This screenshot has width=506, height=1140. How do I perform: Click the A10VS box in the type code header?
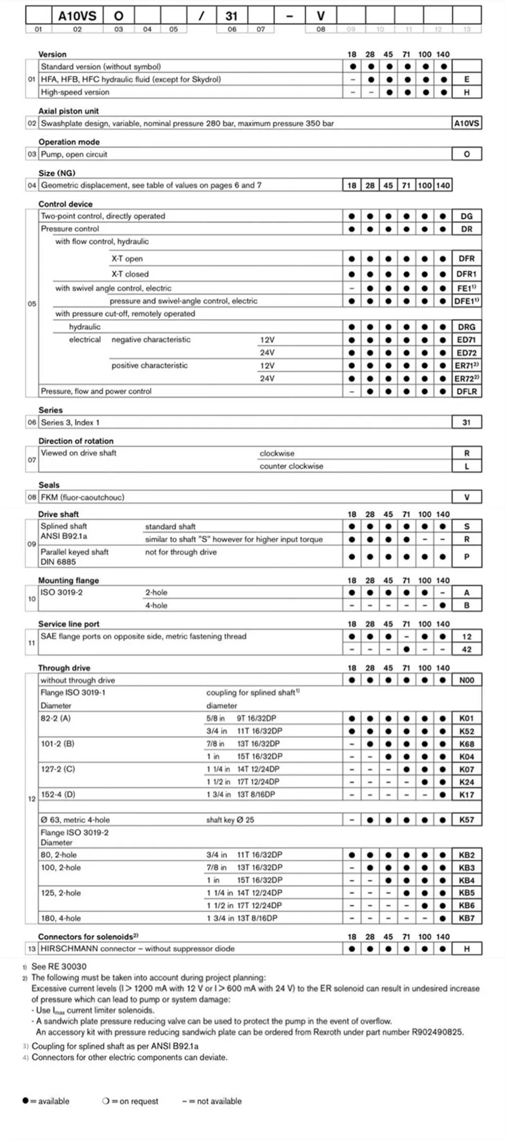pos(77,16)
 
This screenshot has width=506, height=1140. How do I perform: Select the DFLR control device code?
pos(466,392)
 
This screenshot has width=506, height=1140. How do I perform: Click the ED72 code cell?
pos(466,353)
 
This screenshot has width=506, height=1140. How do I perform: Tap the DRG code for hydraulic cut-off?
pos(466,327)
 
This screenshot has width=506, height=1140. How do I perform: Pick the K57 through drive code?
pos(466,820)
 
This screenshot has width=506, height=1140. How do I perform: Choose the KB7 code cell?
pos(466,919)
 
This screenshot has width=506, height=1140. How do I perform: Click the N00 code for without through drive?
pos(466,680)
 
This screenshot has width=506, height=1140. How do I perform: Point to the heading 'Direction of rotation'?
pos(76,441)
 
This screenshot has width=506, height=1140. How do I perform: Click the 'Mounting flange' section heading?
pos(68,581)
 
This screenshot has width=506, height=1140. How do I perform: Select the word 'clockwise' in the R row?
pos(277,453)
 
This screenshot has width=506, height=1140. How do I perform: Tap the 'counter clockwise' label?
pos(291,466)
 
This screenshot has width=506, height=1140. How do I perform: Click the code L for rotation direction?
pos(466,466)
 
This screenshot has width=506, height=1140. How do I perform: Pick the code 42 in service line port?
pos(466,649)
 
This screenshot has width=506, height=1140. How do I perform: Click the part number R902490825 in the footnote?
pos(437,1032)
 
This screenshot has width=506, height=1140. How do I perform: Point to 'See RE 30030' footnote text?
pos(59,967)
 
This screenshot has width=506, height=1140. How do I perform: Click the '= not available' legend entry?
pos(212,1101)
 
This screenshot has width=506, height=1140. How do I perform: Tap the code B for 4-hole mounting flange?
pos(466,605)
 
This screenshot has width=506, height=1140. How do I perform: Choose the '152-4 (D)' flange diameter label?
pos(58,794)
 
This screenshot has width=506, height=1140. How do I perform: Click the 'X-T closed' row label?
pos(130,274)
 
